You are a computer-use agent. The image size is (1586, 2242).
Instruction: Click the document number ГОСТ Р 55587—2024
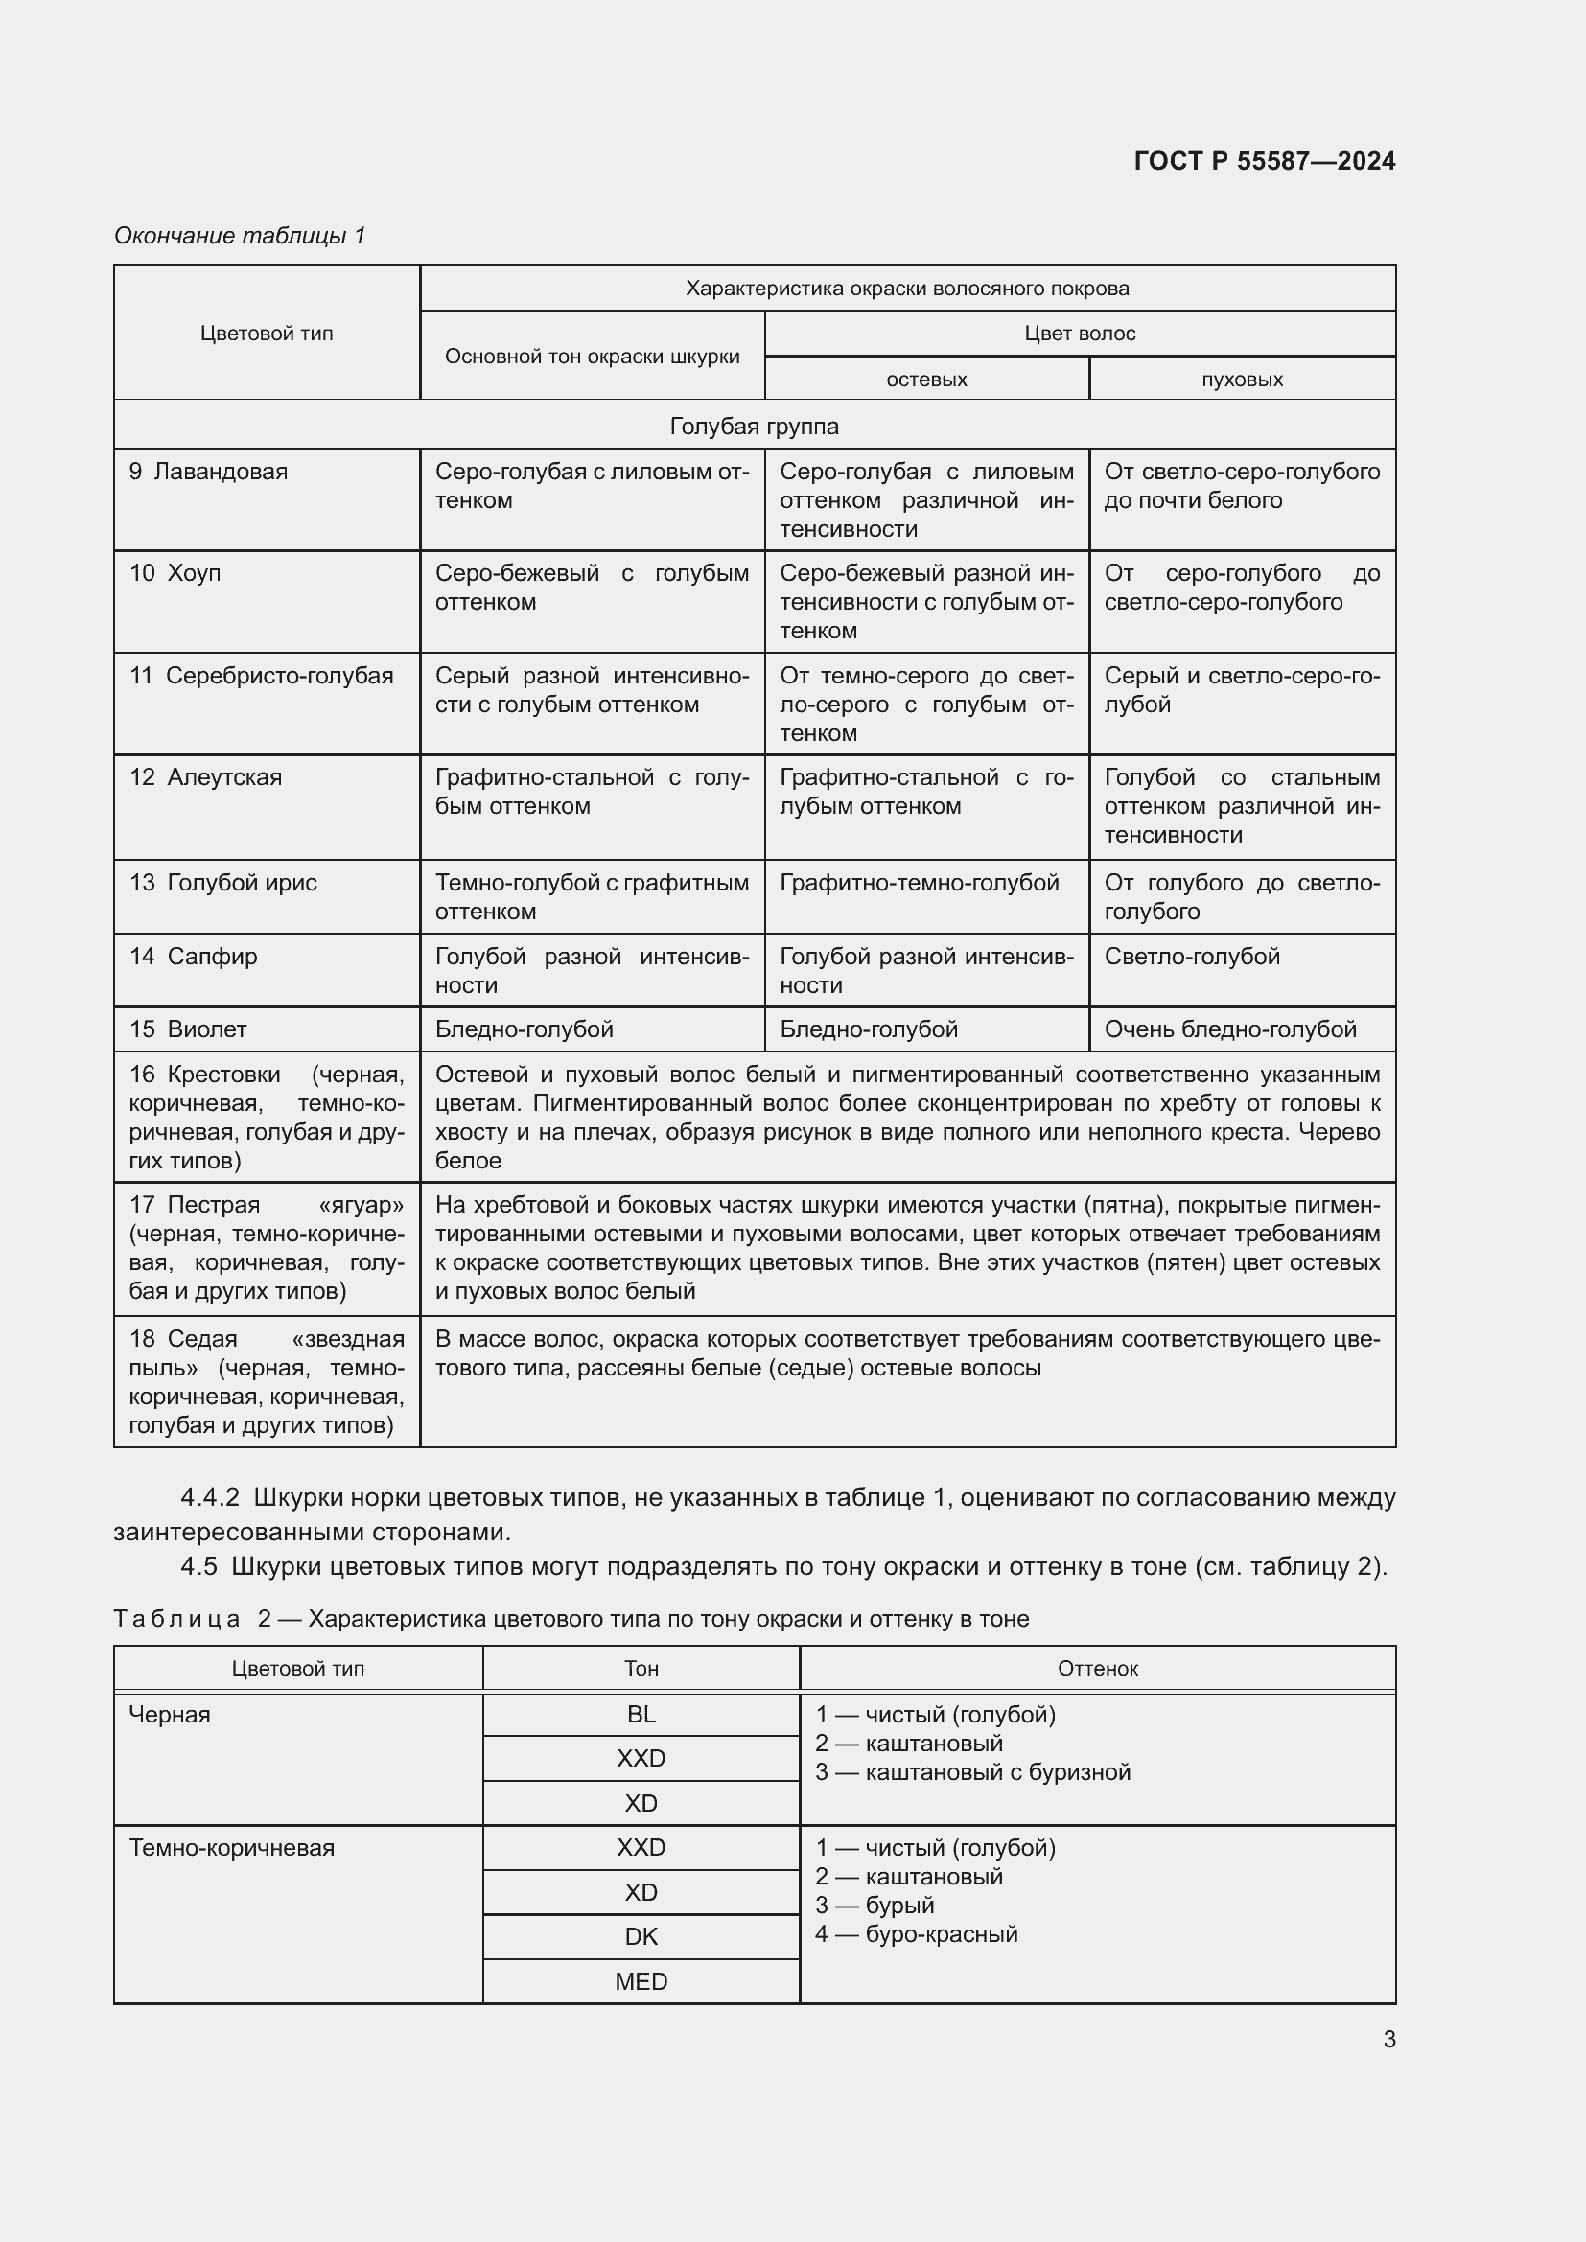1264,161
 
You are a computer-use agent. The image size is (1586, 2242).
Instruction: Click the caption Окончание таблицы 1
240,236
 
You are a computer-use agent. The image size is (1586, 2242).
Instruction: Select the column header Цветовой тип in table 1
267,333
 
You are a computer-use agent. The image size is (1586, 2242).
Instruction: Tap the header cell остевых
926,379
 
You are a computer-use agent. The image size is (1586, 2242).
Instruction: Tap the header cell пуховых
1241,379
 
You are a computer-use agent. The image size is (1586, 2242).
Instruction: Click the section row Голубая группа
754,426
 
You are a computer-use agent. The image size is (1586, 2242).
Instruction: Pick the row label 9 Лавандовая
209,472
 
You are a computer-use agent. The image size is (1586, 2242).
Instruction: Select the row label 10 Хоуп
175,573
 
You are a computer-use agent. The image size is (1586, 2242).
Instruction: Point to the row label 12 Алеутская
206,777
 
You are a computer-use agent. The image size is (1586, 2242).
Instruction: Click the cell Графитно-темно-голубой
919,883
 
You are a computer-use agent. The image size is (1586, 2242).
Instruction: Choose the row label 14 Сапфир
194,956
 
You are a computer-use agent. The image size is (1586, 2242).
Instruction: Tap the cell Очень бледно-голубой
1230,1029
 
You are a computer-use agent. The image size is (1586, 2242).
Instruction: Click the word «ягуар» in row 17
361,1205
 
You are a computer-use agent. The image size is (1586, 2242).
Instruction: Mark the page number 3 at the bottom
1388,2039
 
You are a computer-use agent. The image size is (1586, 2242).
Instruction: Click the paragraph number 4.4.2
210,1497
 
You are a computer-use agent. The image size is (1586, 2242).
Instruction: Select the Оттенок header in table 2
1097,1668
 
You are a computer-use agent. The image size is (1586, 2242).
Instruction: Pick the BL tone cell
641,1715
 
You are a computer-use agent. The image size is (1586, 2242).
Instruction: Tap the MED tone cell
641,1981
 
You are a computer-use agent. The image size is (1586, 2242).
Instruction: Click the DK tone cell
641,1936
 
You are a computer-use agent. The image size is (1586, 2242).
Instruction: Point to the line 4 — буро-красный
916,1933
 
